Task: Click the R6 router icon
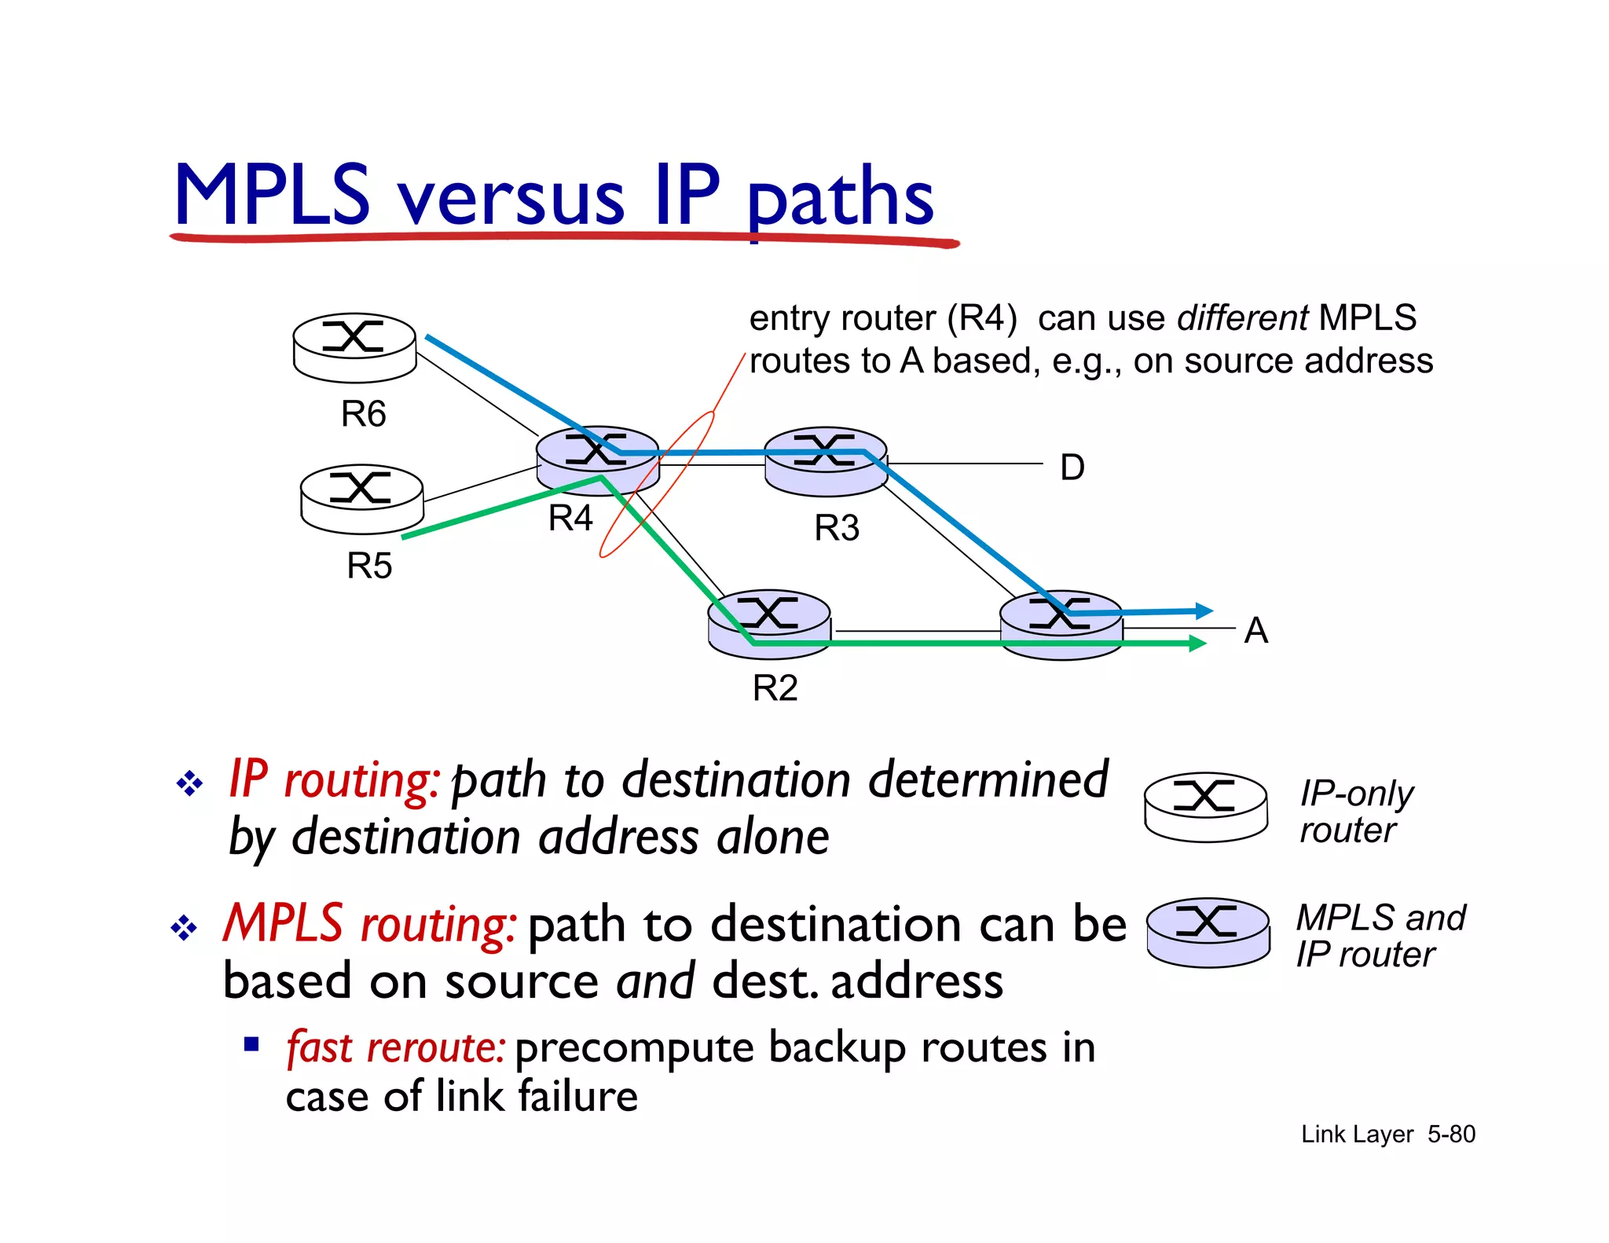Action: [354, 347]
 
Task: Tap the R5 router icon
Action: [362, 498]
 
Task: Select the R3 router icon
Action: [826, 461]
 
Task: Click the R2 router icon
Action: [769, 624]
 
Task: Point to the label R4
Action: [570, 518]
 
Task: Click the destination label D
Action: [1072, 467]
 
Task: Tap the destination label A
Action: [1255, 630]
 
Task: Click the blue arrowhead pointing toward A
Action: [1204, 610]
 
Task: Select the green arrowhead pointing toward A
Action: [1198, 643]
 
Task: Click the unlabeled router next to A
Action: [1061, 625]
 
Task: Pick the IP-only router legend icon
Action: [1205, 806]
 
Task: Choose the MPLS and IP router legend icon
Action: [1208, 932]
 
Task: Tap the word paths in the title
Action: [840, 198]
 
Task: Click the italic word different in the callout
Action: [1242, 318]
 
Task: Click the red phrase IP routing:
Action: [334, 779]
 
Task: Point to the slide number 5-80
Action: [1451, 1134]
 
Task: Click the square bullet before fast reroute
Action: [251, 1044]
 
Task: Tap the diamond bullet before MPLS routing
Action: [184, 928]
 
